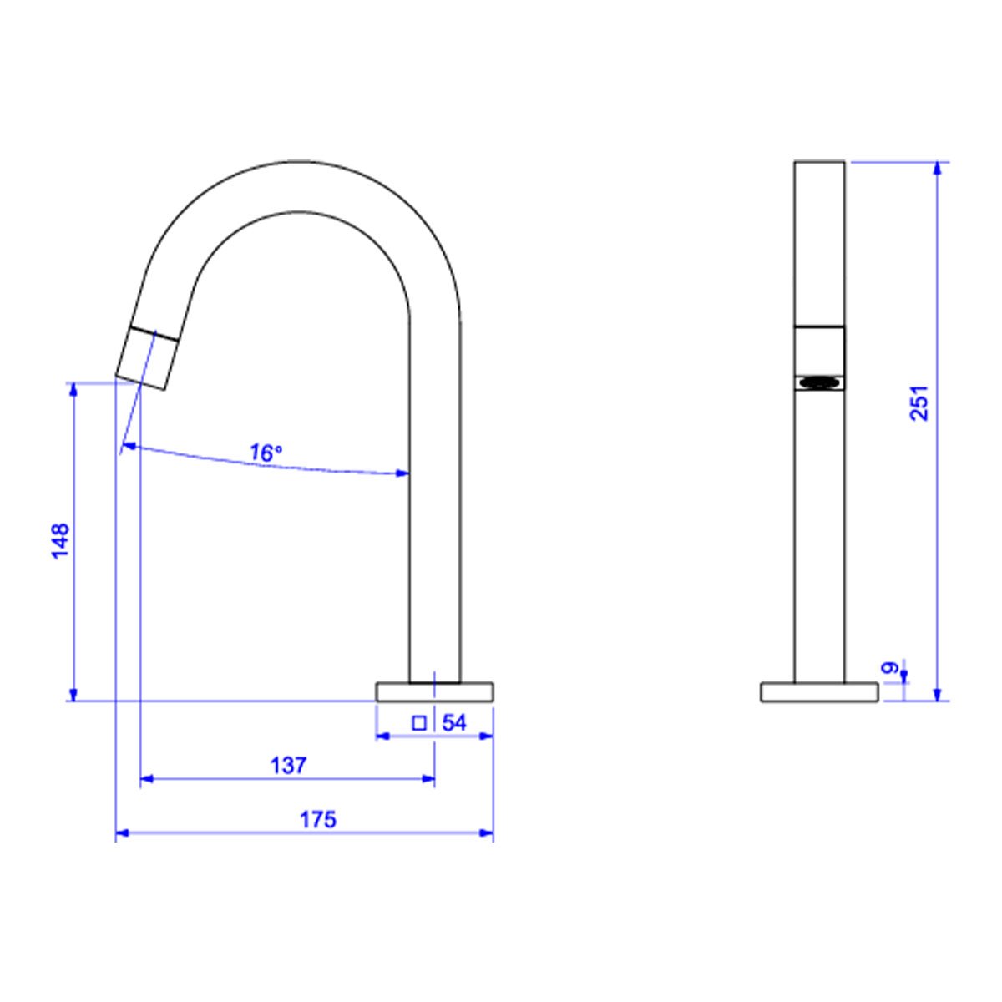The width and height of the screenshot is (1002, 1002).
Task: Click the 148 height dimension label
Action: [x=60, y=541]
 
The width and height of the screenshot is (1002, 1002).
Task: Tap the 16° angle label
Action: [x=266, y=453]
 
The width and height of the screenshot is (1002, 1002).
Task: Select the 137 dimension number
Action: [x=289, y=765]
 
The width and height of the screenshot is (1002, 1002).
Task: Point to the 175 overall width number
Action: [x=317, y=819]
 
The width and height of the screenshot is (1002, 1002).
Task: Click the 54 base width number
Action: [x=454, y=723]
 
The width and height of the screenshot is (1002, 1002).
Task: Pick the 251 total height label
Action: [x=918, y=402]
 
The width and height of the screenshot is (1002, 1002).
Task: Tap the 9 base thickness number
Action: [x=890, y=668]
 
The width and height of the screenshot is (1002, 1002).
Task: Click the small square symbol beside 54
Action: [x=419, y=723]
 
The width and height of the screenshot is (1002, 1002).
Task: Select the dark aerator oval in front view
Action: [x=819, y=382]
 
